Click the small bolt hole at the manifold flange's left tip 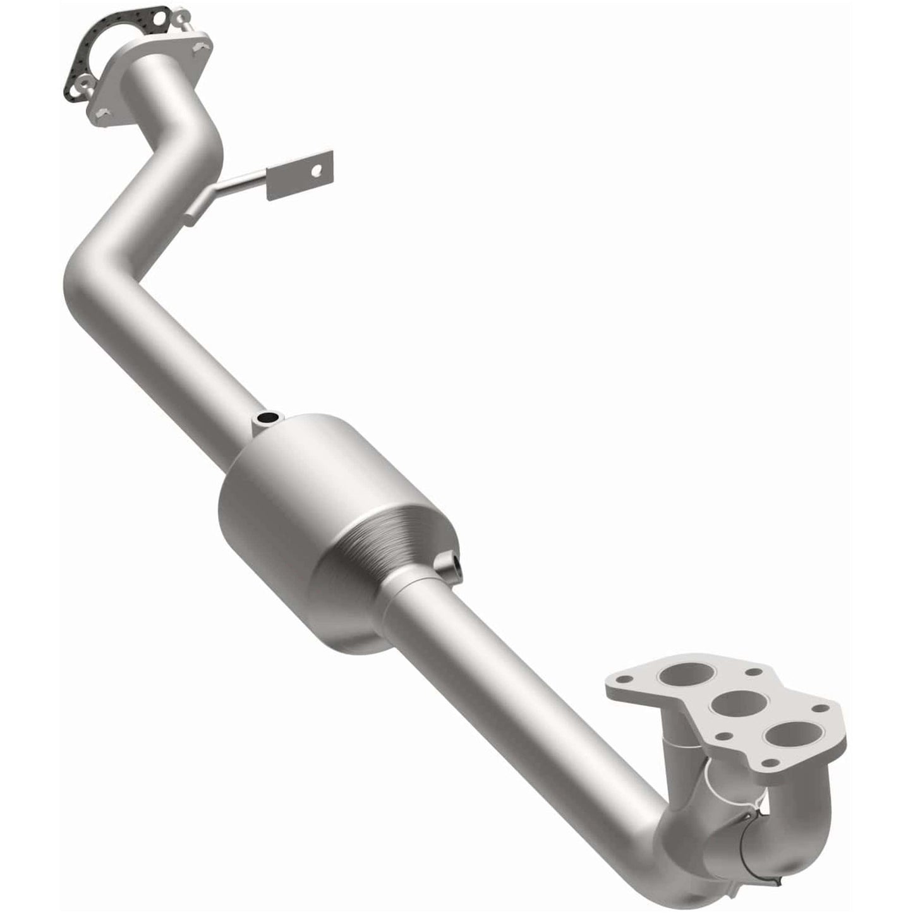click(x=624, y=679)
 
